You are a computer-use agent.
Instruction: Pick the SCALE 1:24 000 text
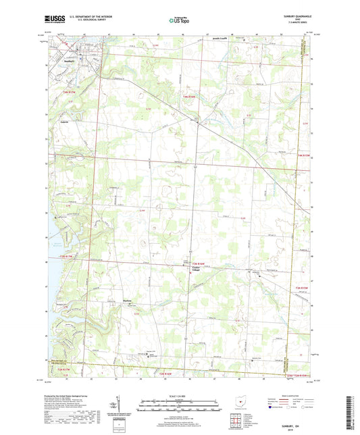(179, 396)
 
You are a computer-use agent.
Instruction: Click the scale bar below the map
(179, 407)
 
